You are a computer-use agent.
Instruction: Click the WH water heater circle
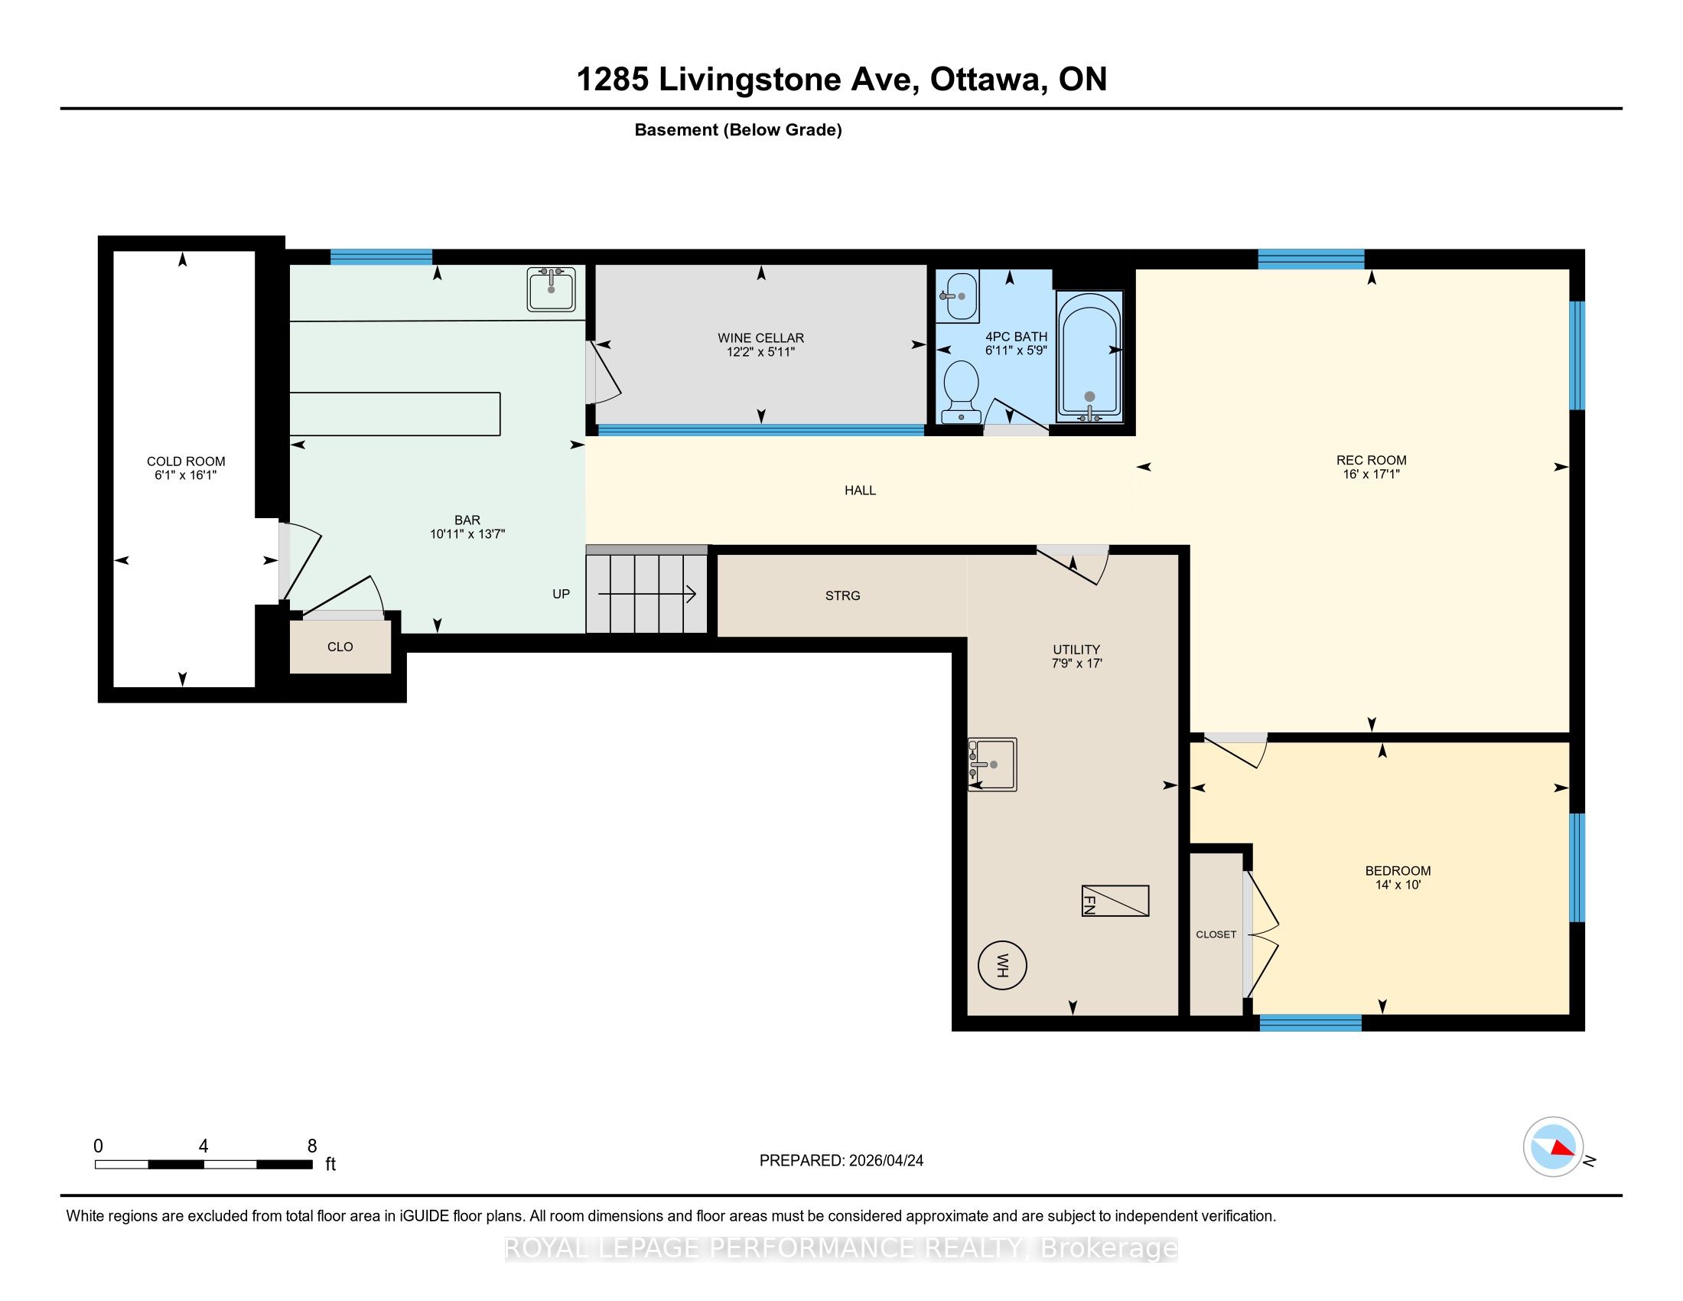click(x=1002, y=965)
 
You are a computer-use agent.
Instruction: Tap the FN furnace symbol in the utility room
click(x=1115, y=900)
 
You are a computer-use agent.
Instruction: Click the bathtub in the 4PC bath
click(x=1089, y=356)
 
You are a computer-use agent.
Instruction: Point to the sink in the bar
click(x=551, y=289)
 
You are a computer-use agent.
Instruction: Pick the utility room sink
click(x=992, y=764)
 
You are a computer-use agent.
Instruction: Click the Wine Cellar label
click(x=760, y=337)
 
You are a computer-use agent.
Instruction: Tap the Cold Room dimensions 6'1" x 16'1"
click(x=186, y=475)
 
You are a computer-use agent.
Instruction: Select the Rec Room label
click(x=1371, y=460)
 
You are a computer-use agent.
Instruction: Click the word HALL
click(x=860, y=491)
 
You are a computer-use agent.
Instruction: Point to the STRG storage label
click(x=842, y=595)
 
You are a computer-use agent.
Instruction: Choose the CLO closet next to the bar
click(x=340, y=647)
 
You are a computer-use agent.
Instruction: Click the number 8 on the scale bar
click(x=312, y=1146)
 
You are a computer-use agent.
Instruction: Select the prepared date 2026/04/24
click(x=884, y=1161)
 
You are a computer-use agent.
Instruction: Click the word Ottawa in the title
click(x=986, y=80)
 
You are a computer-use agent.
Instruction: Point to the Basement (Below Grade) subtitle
click(x=738, y=130)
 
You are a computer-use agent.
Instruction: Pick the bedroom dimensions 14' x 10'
click(x=1398, y=885)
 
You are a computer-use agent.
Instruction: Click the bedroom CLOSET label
click(x=1216, y=934)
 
